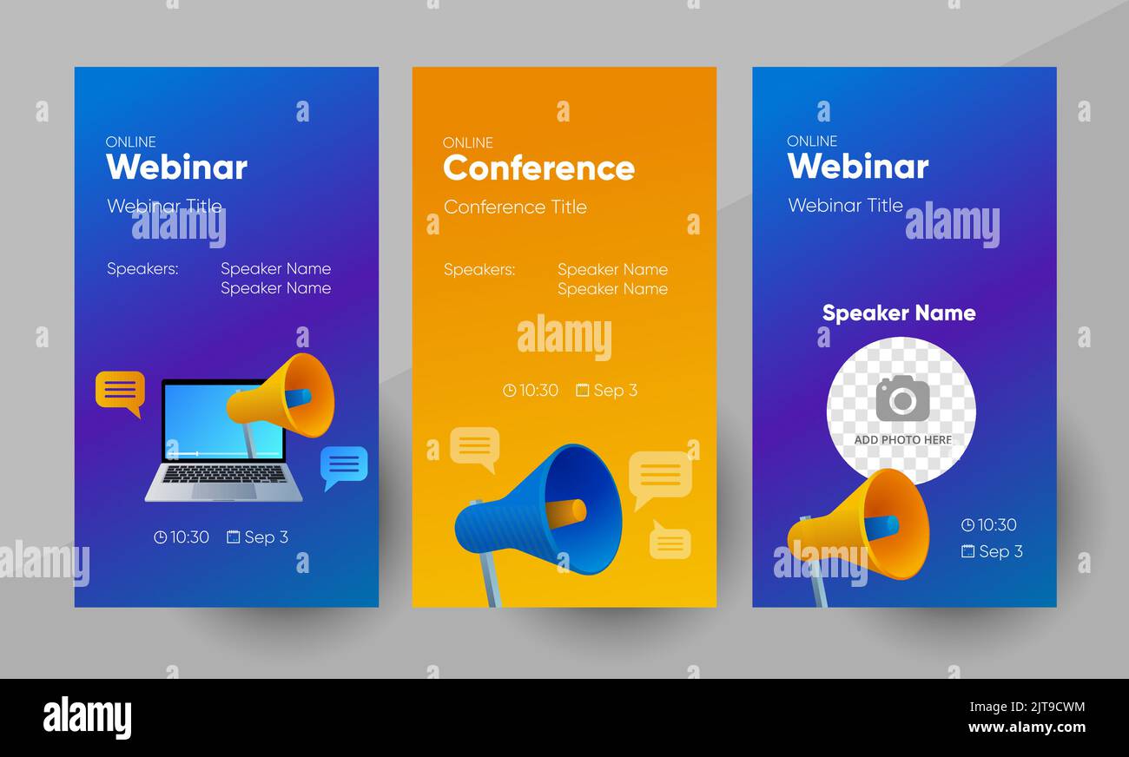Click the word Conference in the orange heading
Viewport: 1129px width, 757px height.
(538, 168)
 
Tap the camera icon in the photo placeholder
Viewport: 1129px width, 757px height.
(901, 398)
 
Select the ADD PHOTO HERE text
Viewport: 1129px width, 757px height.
(902, 440)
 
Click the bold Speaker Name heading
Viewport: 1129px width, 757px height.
(898, 313)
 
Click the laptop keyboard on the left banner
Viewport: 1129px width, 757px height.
(224, 474)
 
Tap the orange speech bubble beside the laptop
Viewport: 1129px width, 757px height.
(120, 391)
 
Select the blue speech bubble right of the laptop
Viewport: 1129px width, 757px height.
(344, 465)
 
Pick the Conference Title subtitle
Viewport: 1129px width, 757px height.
(515, 207)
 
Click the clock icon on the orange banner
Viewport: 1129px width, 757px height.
(509, 391)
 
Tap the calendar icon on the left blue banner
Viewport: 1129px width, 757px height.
(233, 537)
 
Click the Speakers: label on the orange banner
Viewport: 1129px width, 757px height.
(479, 269)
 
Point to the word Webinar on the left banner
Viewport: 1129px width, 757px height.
(176, 167)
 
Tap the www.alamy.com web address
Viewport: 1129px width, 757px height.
(1027, 727)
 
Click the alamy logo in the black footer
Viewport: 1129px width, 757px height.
(87, 718)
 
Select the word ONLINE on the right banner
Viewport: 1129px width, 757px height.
(812, 141)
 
